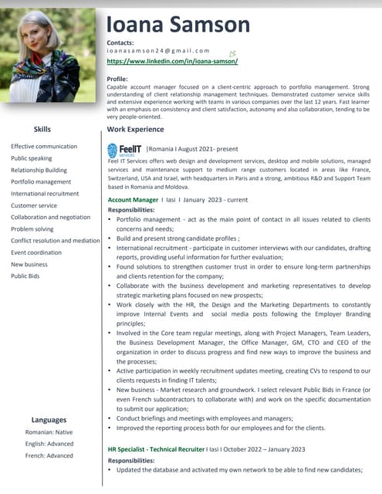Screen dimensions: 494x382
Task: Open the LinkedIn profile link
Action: pyautogui.click(x=172, y=60)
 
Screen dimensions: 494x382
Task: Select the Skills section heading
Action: pyautogui.click(x=42, y=129)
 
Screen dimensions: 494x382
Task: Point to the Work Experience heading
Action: pyautogui.click(x=135, y=130)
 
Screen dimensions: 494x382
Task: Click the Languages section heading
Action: pyautogui.click(x=49, y=420)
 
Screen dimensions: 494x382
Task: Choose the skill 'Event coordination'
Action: pyautogui.click(x=36, y=252)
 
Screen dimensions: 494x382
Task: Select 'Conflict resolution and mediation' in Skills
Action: pyautogui.click(x=56, y=241)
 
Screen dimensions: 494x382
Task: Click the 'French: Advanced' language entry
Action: pyautogui.click(x=49, y=455)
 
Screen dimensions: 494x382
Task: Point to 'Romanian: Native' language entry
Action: pyautogui.click(x=49, y=432)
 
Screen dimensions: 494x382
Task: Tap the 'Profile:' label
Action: pyautogui.click(x=117, y=80)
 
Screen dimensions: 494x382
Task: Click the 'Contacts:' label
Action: pyautogui.click(x=120, y=42)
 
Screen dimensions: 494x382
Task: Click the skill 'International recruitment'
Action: pyautogui.click(x=45, y=194)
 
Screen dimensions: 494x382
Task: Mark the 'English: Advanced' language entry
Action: pyautogui.click(x=49, y=444)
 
